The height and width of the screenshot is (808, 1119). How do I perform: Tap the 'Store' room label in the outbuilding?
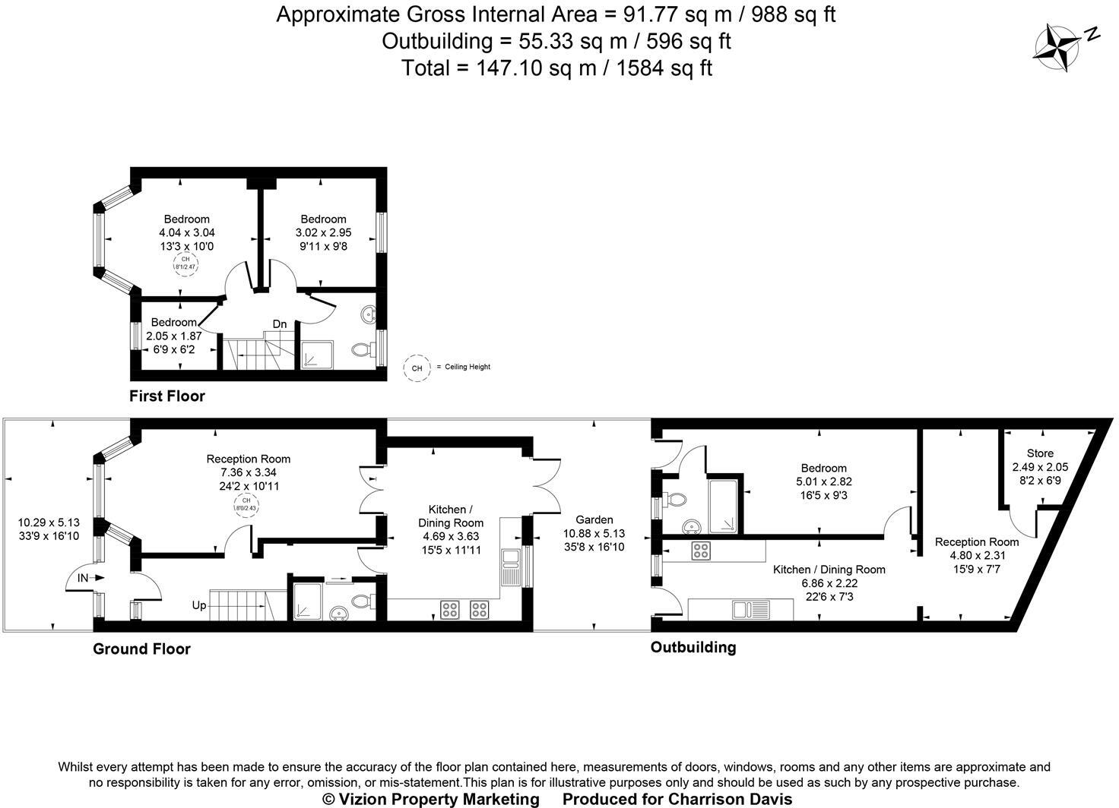click(1040, 453)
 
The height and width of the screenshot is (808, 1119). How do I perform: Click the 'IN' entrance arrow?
click(90, 578)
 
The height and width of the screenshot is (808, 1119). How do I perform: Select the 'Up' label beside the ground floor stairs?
click(198, 606)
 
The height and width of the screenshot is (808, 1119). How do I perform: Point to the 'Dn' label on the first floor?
click(280, 324)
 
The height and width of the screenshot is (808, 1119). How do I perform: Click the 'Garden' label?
click(594, 519)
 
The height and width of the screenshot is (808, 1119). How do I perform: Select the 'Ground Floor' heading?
click(141, 649)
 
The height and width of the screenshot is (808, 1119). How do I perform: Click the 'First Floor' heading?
click(166, 396)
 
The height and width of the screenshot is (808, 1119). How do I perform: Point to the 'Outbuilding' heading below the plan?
click(693, 647)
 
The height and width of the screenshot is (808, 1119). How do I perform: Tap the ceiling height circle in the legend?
click(416, 368)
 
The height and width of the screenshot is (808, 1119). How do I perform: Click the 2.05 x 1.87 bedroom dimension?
click(174, 336)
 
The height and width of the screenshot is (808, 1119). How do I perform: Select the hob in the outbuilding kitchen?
click(700, 551)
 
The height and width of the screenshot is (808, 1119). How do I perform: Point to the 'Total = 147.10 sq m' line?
click(556, 68)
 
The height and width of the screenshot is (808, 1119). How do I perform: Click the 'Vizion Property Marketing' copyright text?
click(430, 799)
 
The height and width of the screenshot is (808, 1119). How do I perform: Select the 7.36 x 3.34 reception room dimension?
click(249, 472)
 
